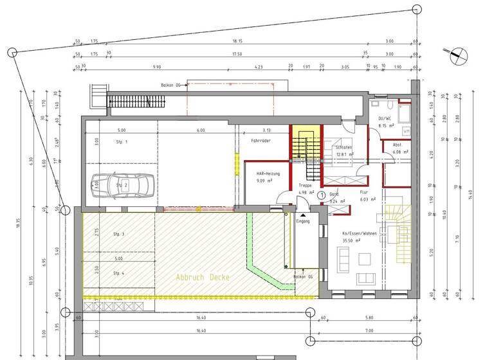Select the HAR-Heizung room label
pyautogui.click(x=268, y=174)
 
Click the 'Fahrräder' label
pyautogui.click(x=261, y=139)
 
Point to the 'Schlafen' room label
pyautogui.click(x=342, y=147)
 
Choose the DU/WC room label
pyautogui.click(x=386, y=118)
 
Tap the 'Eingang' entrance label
pyautogui.click(x=302, y=221)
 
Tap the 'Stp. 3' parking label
pyautogui.click(x=119, y=234)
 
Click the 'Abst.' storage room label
pyautogui.click(x=397, y=145)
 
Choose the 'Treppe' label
pyautogui.click(x=305, y=186)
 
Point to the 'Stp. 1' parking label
pyautogui.click(x=122, y=141)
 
